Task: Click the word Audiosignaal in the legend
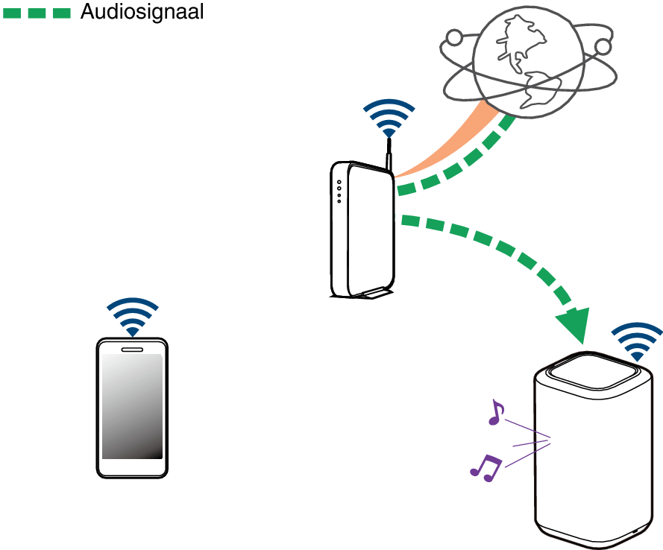(142, 12)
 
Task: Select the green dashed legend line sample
(37, 13)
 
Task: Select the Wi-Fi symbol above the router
(388, 117)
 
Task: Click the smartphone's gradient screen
(132, 406)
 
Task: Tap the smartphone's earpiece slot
(132, 349)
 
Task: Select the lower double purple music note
(486, 467)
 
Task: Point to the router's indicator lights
(339, 192)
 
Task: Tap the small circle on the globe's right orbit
(602, 47)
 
